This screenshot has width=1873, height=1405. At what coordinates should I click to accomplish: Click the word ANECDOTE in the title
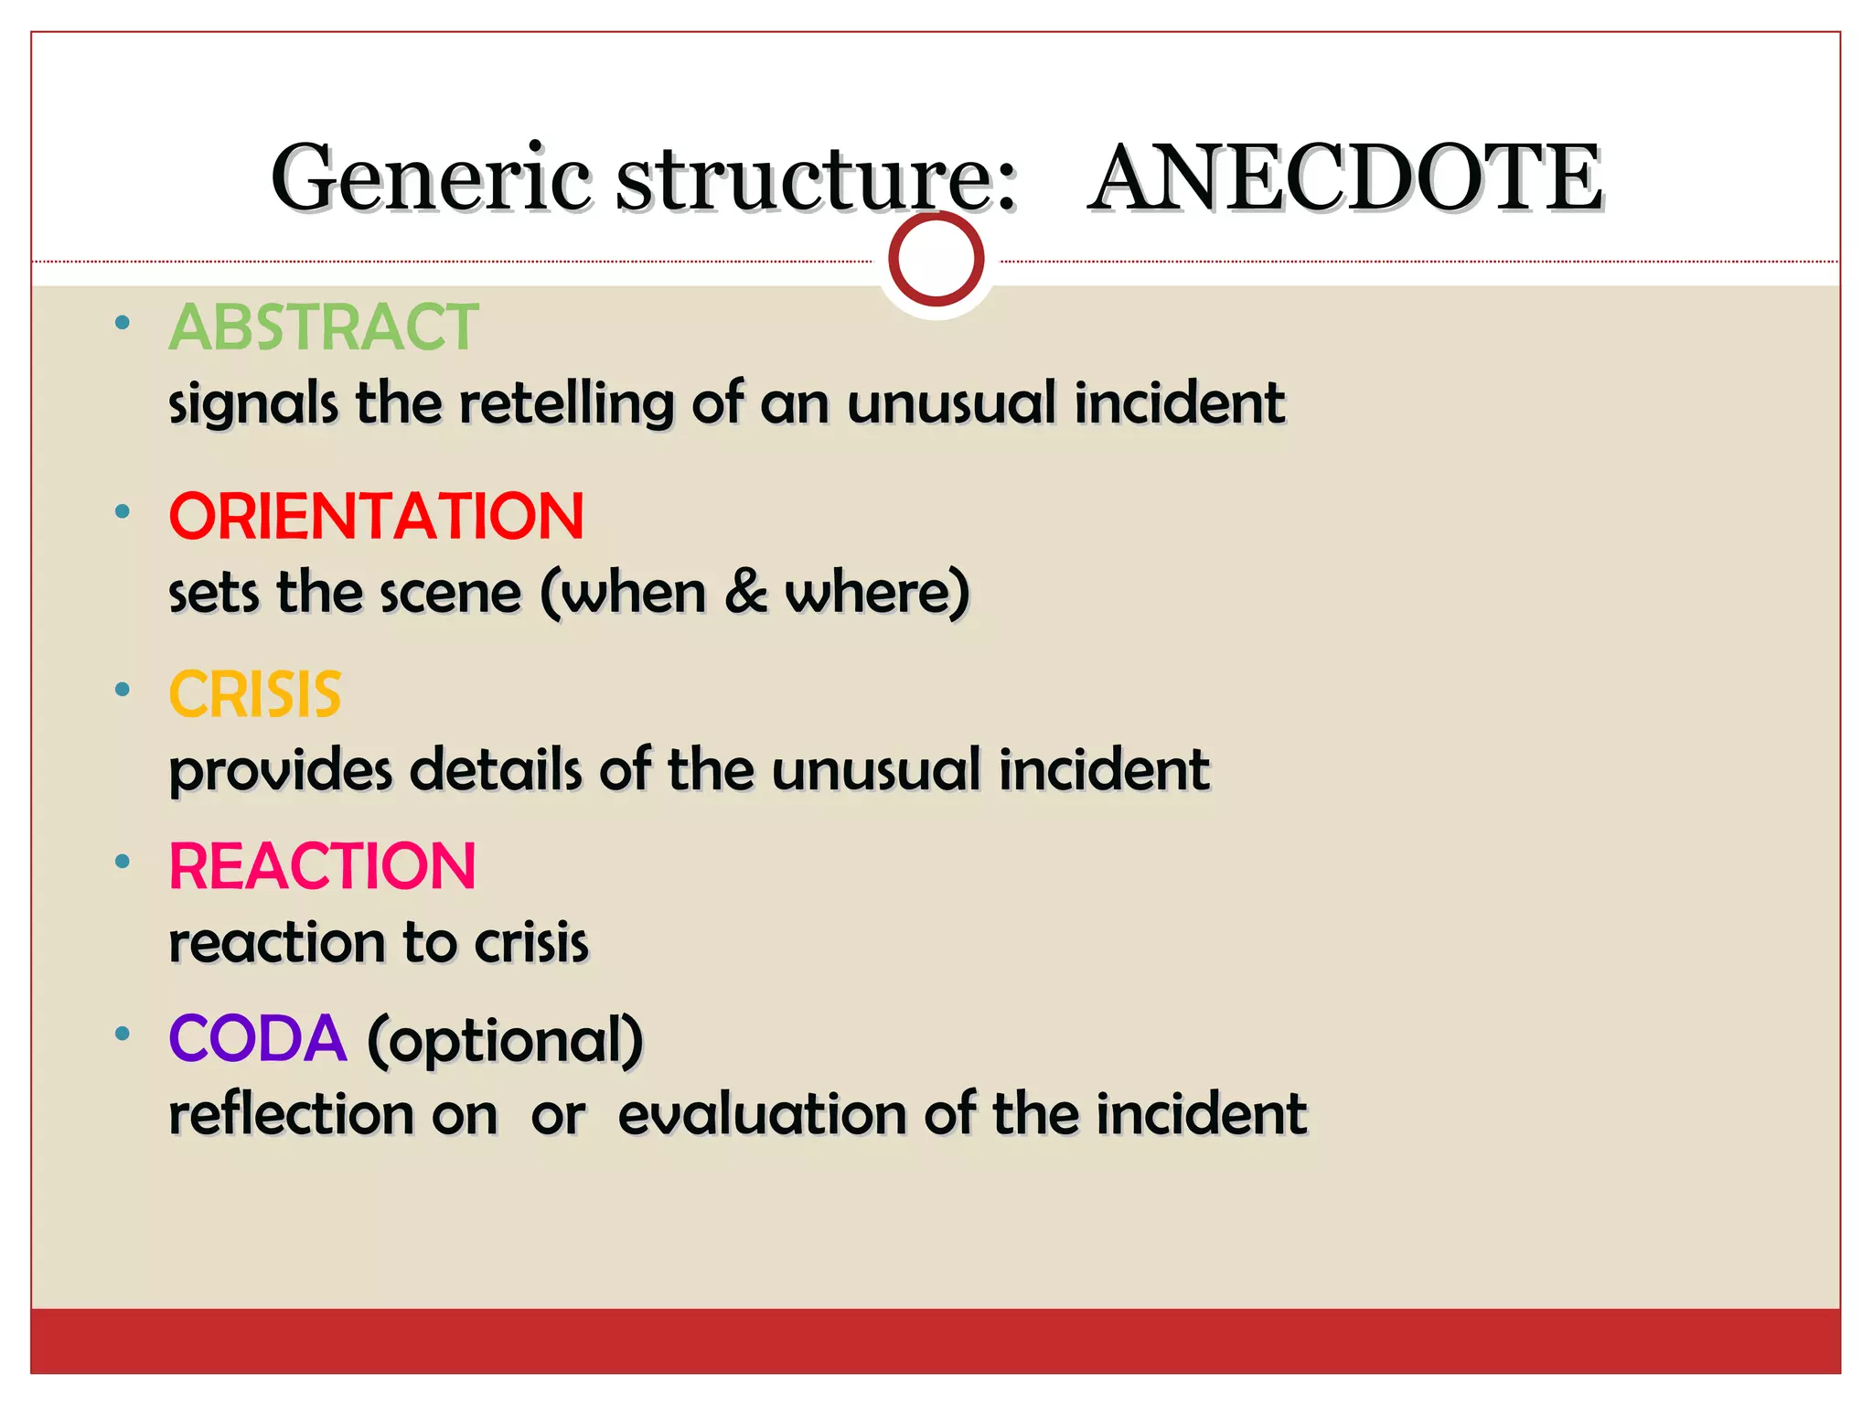[1346, 177]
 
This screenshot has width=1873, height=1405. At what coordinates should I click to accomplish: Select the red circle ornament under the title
[936, 260]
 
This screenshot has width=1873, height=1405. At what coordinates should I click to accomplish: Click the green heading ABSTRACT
[324, 327]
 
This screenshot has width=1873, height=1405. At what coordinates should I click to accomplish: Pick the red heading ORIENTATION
[376, 516]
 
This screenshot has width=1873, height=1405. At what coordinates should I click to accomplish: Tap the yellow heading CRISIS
[255, 694]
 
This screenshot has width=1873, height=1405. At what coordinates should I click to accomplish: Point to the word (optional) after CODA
[506, 1041]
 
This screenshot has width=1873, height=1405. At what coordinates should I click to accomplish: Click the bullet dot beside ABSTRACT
[123, 322]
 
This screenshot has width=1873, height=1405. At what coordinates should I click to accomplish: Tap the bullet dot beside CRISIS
[123, 690]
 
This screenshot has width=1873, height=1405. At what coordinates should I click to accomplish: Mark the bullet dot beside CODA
[123, 1034]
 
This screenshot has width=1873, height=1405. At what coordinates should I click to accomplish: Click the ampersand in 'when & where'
[746, 592]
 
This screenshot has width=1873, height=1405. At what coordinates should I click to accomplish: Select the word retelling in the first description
[566, 402]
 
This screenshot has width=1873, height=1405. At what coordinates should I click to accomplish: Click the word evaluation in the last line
[763, 1114]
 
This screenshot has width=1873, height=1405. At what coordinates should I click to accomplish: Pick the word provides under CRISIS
[281, 770]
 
